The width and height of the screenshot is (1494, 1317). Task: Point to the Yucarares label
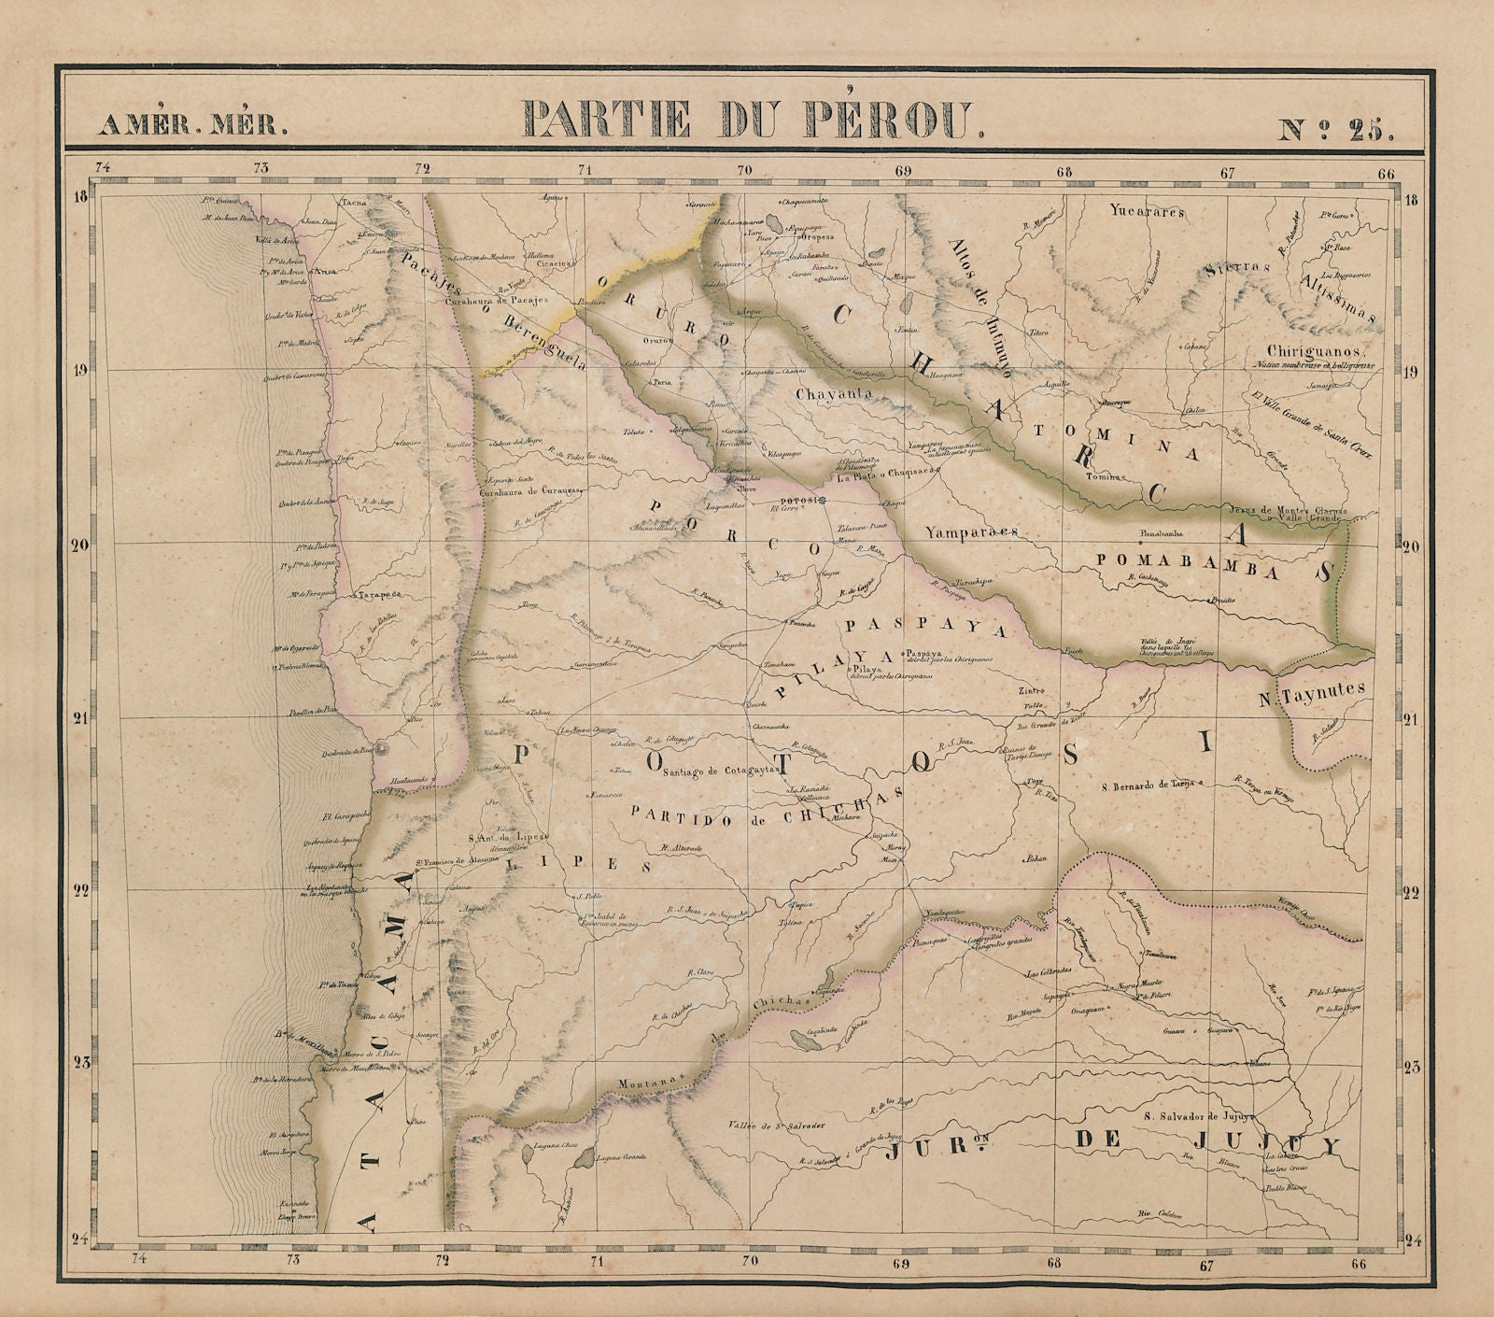(x=1148, y=212)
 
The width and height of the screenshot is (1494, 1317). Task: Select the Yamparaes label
(x=971, y=532)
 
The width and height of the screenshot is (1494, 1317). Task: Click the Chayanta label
(x=834, y=394)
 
